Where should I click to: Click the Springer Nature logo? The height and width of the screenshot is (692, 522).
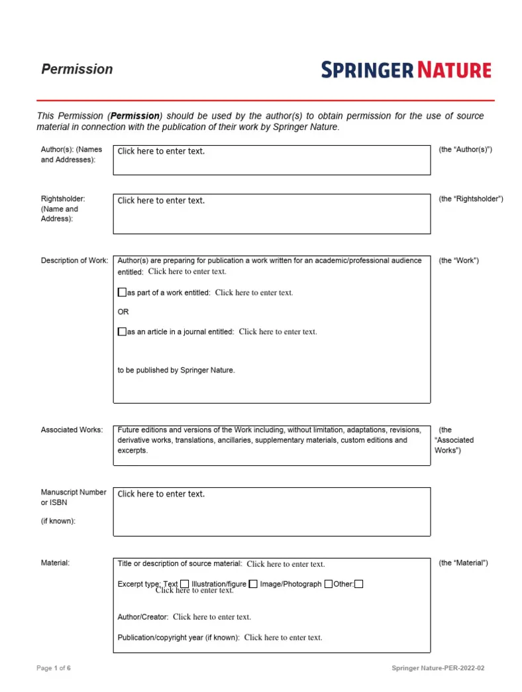tap(406, 70)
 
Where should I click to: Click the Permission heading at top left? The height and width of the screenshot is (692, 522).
tap(77, 69)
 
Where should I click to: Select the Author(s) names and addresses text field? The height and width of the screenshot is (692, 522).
tap(272, 160)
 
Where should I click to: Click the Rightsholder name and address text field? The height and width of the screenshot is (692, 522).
tap(272, 213)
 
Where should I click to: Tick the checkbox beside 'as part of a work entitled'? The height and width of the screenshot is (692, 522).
tap(122, 292)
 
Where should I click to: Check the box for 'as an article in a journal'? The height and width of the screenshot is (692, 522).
tap(122, 331)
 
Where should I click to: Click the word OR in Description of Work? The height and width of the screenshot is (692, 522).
tap(123, 312)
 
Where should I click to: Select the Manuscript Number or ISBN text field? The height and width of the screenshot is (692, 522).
tap(272, 511)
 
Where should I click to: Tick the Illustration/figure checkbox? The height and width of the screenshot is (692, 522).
tap(253, 584)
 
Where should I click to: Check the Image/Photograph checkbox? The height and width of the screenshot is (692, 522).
tap(329, 584)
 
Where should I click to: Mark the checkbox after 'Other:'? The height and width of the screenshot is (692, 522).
tap(358, 584)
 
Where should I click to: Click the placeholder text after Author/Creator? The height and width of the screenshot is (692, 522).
tap(212, 617)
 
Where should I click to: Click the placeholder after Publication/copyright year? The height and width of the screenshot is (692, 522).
tap(283, 638)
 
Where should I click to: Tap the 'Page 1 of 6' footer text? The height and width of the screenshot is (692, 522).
tap(54, 668)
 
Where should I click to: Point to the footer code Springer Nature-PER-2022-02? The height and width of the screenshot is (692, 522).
tap(438, 668)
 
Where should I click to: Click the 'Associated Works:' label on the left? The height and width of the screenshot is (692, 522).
tap(72, 430)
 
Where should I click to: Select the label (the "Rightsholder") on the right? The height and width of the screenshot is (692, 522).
tap(471, 199)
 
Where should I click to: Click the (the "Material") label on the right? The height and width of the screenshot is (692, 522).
tap(463, 563)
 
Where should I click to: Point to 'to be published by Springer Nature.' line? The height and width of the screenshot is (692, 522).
tap(176, 371)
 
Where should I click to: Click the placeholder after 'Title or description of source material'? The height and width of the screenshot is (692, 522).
tap(286, 565)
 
